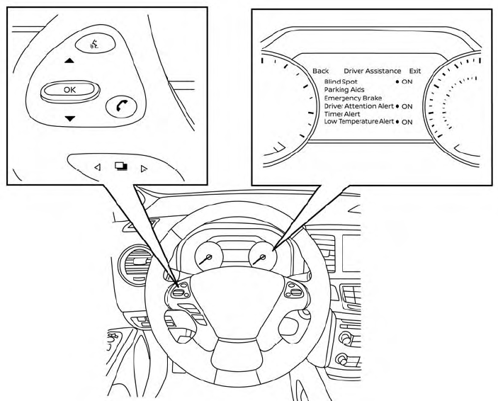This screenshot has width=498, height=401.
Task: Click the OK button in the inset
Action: (x=70, y=91)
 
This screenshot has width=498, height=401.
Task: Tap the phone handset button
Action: (x=121, y=106)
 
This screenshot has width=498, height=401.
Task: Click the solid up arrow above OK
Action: (x=69, y=60)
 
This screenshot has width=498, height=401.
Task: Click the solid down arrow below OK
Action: (x=70, y=118)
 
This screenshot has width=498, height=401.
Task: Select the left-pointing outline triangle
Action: (x=98, y=166)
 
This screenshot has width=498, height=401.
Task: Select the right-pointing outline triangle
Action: (x=144, y=169)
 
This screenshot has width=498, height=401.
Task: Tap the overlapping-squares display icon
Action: (x=121, y=166)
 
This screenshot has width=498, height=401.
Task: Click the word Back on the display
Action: (x=320, y=71)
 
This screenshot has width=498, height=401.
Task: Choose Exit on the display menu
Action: (x=415, y=71)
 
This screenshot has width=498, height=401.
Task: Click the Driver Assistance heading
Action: (x=372, y=71)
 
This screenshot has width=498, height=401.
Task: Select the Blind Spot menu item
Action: (x=341, y=81)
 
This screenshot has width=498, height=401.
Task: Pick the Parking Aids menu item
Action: (x=344, y=90)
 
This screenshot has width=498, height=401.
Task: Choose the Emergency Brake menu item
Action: (x=353, y=98)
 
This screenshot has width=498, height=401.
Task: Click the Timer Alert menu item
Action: (x=342, y=114)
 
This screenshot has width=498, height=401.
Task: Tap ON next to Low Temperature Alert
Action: (x=407, y=122)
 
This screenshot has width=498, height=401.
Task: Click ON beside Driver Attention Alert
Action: (x=407, y=106)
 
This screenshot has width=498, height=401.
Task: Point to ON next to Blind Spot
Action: (x=407, y=81)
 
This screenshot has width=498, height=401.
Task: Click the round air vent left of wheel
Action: (x=135, y=264)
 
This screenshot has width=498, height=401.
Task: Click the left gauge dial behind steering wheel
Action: (x=209, y=256)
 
